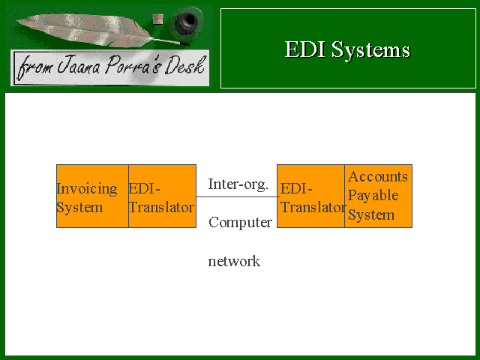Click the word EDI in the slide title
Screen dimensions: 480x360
click(305, 49)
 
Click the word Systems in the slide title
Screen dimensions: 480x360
click(370, 51)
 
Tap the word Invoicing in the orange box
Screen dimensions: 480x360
click(87, 189)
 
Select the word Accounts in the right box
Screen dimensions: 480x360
click(378, 177)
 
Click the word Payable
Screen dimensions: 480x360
click(373, 196)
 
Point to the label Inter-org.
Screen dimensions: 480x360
click(238, 184)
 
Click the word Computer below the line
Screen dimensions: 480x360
click(240, 223)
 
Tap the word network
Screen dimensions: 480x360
click(234, 262)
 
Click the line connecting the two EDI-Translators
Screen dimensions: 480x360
click(238, 196)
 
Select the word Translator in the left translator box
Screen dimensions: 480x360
click(162, 207)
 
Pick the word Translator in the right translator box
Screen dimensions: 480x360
click(313, 207)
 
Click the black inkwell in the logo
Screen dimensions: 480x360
click(187, 22)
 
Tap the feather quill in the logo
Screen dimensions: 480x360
click(91, 30)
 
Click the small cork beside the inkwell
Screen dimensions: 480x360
click(158, 19)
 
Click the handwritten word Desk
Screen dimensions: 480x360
click(185, 65)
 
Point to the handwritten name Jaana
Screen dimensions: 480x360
click(79, 65)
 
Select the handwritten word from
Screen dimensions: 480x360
click(34, 67)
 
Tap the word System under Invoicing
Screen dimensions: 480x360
click(79, 208)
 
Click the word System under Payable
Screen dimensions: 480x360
click(371, 215)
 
